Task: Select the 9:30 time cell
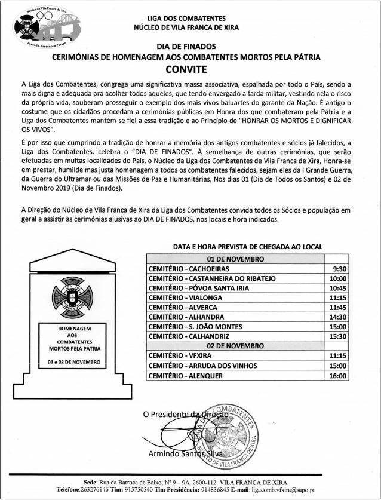click(338, 269)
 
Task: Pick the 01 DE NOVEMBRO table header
click(235, 259)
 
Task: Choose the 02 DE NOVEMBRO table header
click(235, 346)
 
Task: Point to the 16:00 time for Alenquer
click(338, 375)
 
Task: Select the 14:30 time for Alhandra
click(338, 317)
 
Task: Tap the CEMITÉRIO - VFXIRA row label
click(177, 355)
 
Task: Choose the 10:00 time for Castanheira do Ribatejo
click(338, 278)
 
